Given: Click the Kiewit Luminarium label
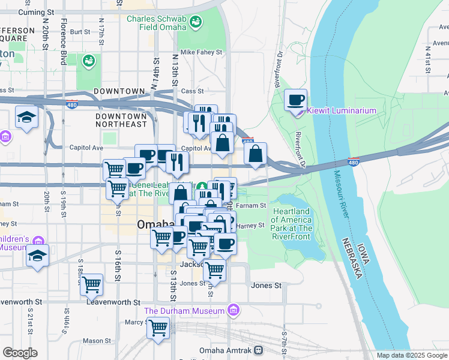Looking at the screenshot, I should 342,111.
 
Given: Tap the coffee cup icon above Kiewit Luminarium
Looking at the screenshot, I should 295,100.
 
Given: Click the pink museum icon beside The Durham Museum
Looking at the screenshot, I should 233,311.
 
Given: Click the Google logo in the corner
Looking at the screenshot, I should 20,352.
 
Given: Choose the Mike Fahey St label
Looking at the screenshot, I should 200,53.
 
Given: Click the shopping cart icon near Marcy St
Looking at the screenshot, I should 158,328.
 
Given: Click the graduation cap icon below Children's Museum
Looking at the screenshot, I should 37,256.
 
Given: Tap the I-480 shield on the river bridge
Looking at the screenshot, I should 353,162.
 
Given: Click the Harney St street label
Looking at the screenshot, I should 251,226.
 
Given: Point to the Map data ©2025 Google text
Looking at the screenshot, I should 412,355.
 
